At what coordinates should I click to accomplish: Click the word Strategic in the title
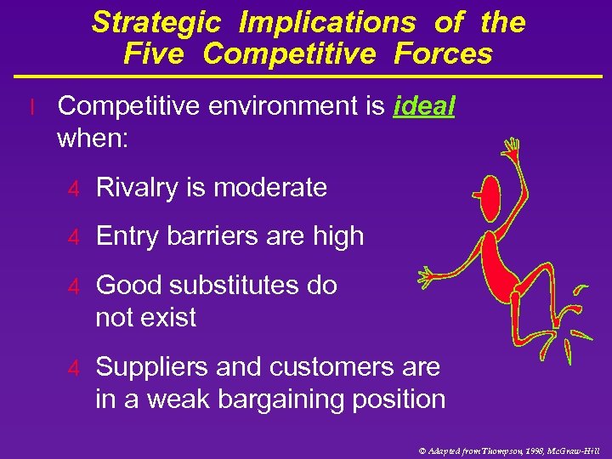tap(157, 23)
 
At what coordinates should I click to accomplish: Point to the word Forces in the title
tap(443, 54)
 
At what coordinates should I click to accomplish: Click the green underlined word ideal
tap(425, 106)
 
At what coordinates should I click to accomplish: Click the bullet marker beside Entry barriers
tap(74, 237)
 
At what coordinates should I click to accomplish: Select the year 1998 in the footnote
tap(532, 450)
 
